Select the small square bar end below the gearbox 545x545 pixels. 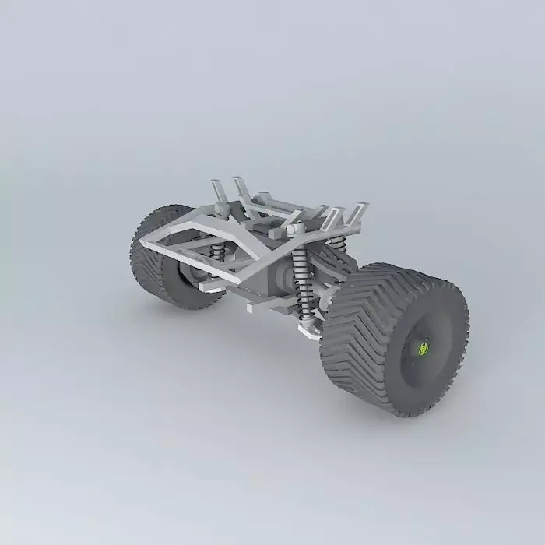[x=251, y=308]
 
